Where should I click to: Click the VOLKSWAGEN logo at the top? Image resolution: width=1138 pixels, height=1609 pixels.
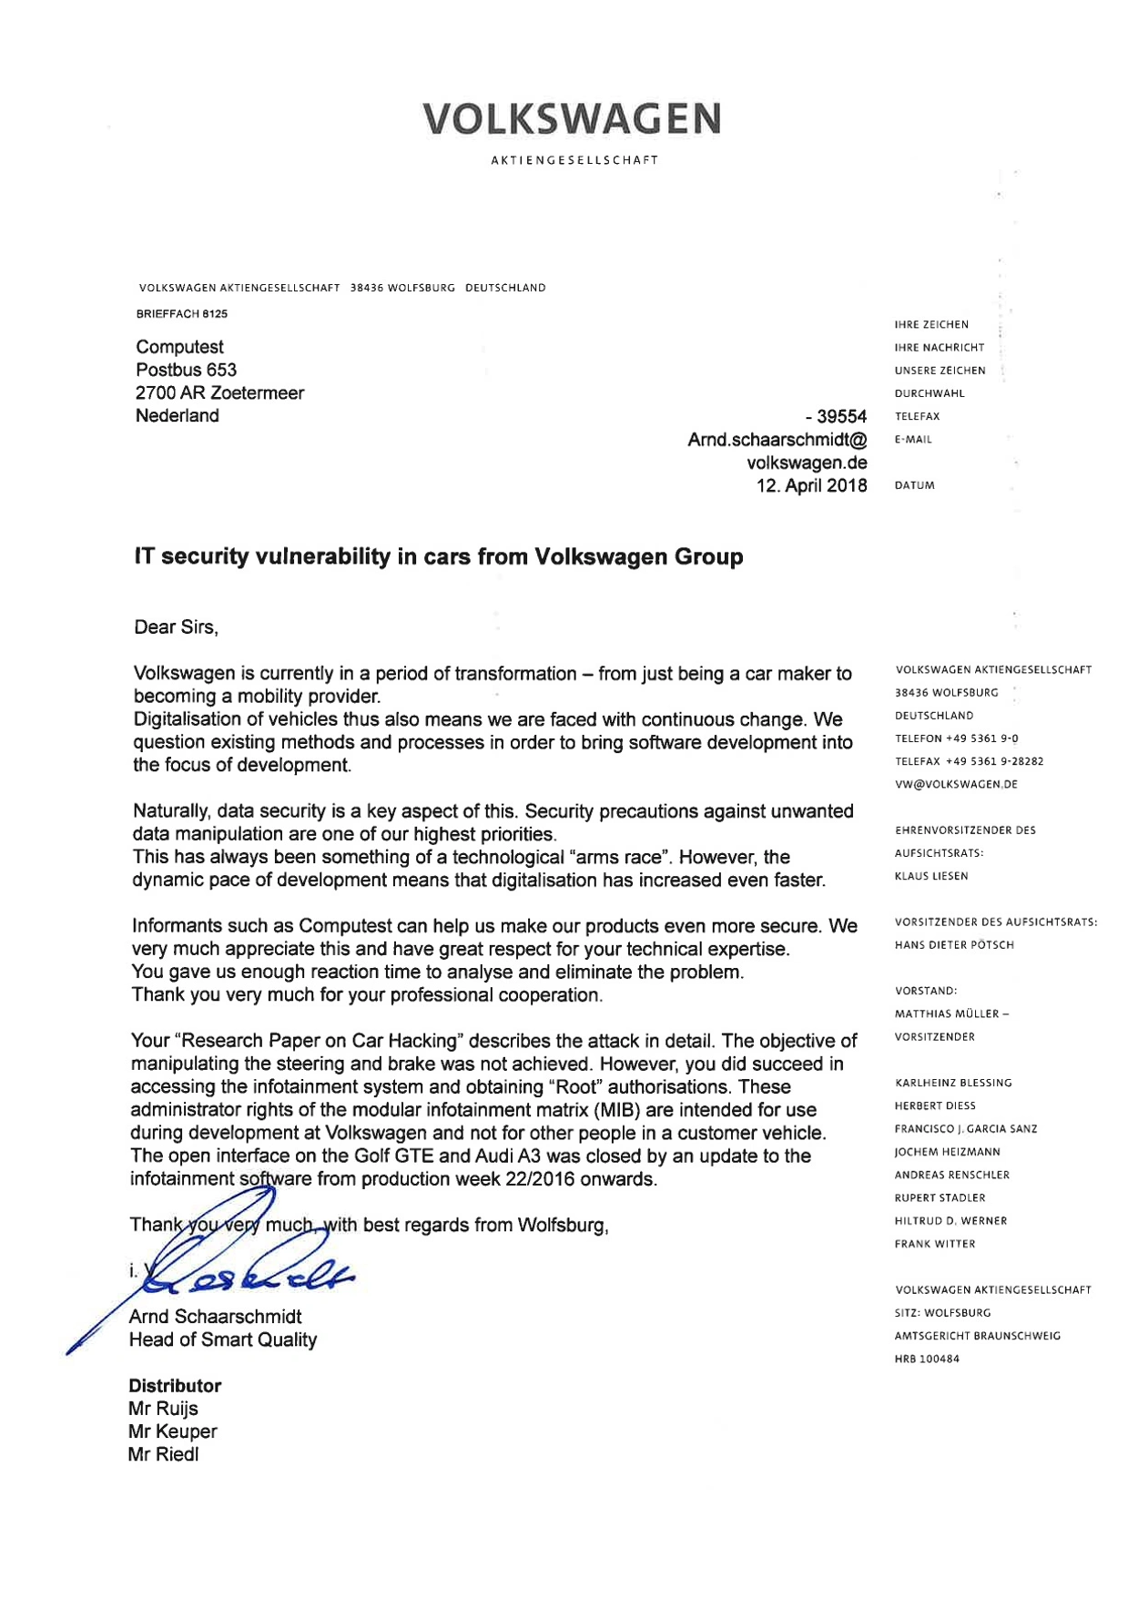click(572, 119)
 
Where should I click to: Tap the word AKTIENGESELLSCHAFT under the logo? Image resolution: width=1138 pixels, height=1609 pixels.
click(574, 160)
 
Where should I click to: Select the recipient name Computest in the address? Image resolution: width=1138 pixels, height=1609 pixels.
click(179, 347)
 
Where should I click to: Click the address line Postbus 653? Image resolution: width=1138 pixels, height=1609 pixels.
click(186, 370)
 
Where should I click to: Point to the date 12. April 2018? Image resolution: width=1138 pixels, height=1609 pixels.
click(811, 485)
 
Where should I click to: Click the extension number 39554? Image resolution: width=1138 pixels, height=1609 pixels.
click(841, 416)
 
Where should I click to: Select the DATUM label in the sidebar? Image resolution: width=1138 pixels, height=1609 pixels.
click(914, 485)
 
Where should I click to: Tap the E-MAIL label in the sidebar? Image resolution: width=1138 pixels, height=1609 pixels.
click(913, 440)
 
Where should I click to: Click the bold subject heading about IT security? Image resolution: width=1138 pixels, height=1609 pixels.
click(438, 556)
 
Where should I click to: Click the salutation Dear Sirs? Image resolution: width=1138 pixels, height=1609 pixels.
click(176, 626)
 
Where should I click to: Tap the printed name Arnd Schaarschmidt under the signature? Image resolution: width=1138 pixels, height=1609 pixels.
click(215, 1317)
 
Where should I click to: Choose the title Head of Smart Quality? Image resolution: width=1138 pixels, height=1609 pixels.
click(222, 1339)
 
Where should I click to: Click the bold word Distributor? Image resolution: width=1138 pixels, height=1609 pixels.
click(175, 1386)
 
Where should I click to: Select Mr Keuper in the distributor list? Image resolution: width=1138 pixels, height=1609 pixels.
click(172, 1431)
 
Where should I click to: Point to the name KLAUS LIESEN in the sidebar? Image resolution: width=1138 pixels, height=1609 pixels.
click(931, 876)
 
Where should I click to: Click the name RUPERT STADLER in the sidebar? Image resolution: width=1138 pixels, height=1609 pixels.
click(940, 1197)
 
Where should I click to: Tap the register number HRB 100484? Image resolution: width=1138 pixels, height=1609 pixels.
click(927, 1359)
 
